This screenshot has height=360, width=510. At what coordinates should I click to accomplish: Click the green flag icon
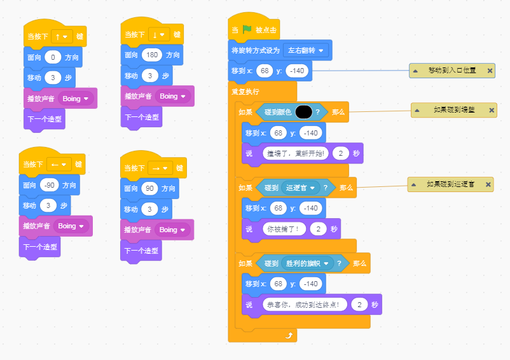click(247, 29)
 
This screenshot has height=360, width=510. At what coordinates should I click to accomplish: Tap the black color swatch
click(303, 112)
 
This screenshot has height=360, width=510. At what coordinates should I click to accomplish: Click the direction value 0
click(53, 57)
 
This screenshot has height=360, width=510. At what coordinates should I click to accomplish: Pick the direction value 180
click(152, 55)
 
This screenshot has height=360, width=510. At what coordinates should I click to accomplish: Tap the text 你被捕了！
click(284, 228)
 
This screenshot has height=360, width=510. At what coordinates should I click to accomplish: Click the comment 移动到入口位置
click(451, 70)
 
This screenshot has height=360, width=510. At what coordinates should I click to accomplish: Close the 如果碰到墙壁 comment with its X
click(491, 111)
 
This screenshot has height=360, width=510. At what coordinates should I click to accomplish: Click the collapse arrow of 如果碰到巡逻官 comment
click(417, 184)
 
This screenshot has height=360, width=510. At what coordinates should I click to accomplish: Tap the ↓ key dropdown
click(158, 34)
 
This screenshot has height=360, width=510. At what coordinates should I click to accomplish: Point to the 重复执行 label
click(245, 92)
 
